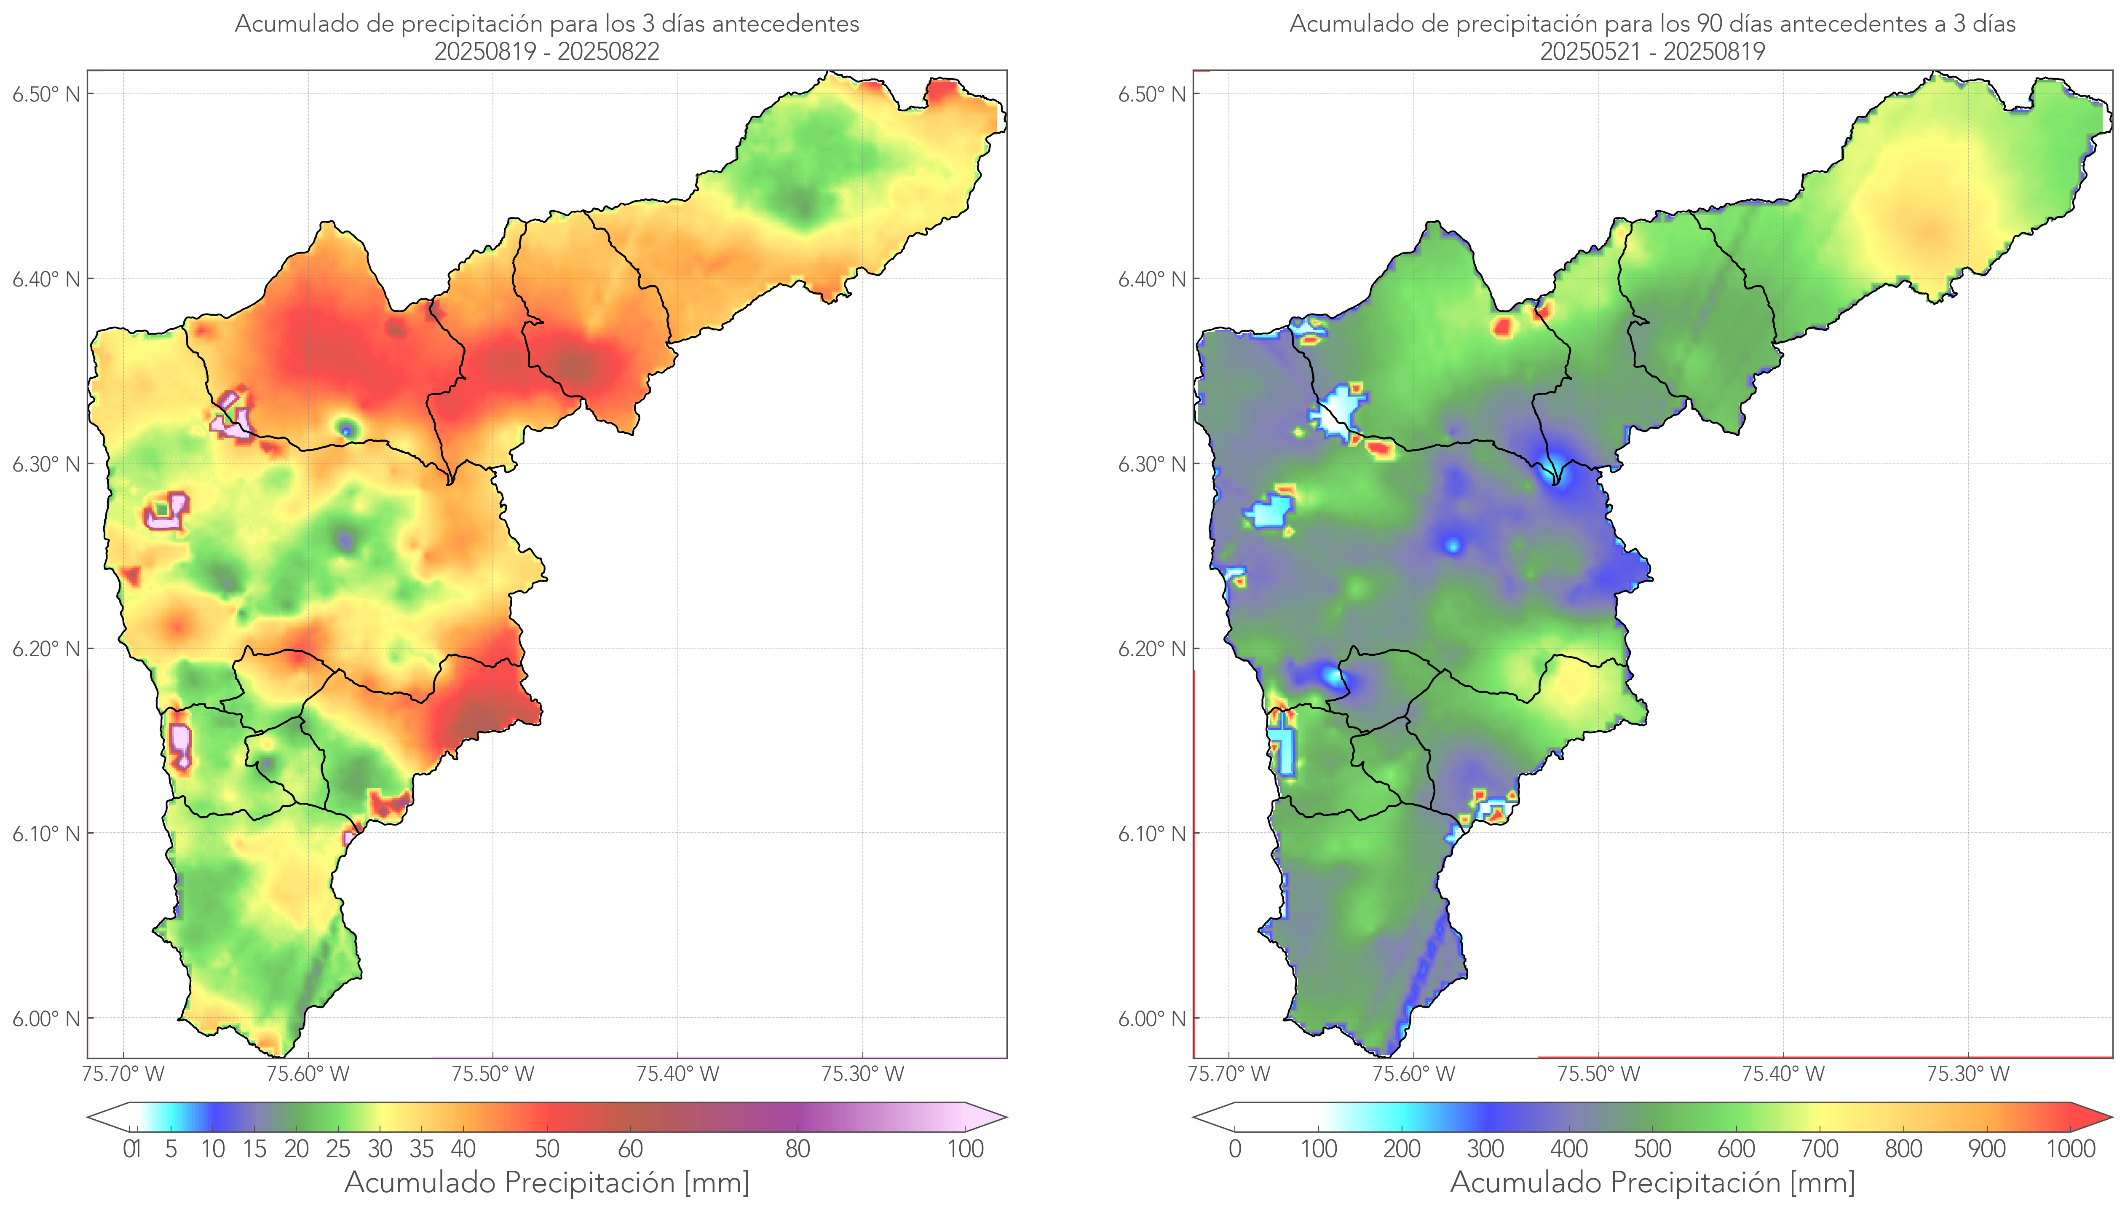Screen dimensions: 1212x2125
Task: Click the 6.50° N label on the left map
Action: pos(46,94)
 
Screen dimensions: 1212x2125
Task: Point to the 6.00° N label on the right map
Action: pos(1151,1019)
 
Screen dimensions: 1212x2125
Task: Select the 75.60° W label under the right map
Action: pos(1413,1074)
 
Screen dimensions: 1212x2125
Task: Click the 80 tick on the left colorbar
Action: pos(797,1149)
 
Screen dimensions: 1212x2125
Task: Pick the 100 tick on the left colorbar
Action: pos(965,1149)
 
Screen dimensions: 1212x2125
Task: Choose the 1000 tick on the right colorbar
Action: pos(2070,1149)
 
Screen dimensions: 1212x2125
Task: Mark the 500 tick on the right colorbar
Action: pos(1652,1149)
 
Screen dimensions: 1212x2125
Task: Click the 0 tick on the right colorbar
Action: pos(1235,1149)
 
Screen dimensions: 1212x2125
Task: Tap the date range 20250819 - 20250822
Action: pos(547,51)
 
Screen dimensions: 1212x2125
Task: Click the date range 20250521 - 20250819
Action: pos(1652,51)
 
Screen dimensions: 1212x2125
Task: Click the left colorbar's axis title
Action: pos(547,1183)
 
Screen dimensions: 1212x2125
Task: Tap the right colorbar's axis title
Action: pos(1652,1183)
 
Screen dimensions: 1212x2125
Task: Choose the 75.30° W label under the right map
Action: pos(1968,1074)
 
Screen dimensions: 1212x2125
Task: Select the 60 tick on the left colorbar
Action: pos(630,1149)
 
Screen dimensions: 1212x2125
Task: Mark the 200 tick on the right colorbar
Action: pos(1402,1149)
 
